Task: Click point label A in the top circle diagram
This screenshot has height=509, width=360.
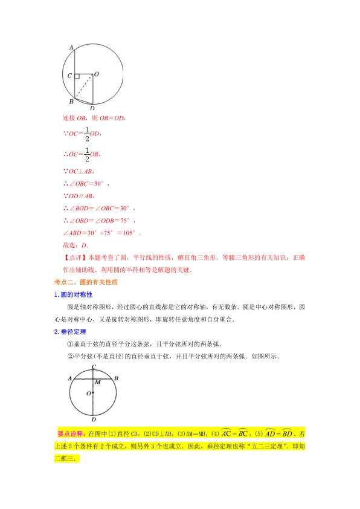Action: point(71,46)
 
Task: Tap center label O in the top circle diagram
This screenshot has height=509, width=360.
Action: point(97,74)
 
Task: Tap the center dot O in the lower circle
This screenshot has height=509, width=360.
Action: point(93,394)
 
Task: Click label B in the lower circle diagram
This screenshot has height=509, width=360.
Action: point(116,378)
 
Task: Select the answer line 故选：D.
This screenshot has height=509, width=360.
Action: point(76,245)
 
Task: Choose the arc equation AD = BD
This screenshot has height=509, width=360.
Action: point(278,433)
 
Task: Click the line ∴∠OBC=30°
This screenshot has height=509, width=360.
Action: point(86,183)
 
